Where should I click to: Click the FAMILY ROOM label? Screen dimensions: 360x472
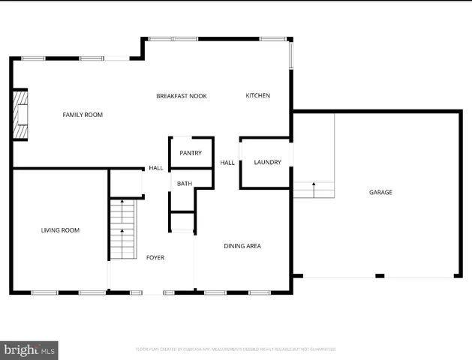coord(82,115)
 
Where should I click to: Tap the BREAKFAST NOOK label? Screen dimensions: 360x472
coord(181,96)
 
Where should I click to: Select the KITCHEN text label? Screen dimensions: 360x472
coord(257,95)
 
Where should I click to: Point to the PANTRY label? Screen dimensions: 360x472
coord(191,153)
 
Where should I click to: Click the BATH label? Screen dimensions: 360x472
coord(184,183)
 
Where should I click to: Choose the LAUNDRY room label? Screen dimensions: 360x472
coord(267,163)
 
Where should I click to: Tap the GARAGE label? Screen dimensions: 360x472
coord(380,193)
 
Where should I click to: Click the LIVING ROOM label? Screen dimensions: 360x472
coord(60,230)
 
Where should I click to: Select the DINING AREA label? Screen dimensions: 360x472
coord(242,246)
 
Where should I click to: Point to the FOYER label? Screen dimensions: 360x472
coord(155,257)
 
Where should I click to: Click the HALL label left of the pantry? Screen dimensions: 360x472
coord(155,168)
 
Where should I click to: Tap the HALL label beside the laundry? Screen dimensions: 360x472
coord(227,163)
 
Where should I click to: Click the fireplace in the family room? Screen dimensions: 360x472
coord(21,115)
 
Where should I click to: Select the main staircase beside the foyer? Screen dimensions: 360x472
coord(122,229)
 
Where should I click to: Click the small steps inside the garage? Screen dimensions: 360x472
coord(314,190)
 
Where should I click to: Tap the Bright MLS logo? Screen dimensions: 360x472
coord(29,350)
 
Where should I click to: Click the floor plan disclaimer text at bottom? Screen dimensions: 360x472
coord(235,349)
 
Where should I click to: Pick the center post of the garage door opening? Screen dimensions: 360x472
coord(380,276)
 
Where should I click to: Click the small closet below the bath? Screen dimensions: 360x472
coord(182,223)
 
